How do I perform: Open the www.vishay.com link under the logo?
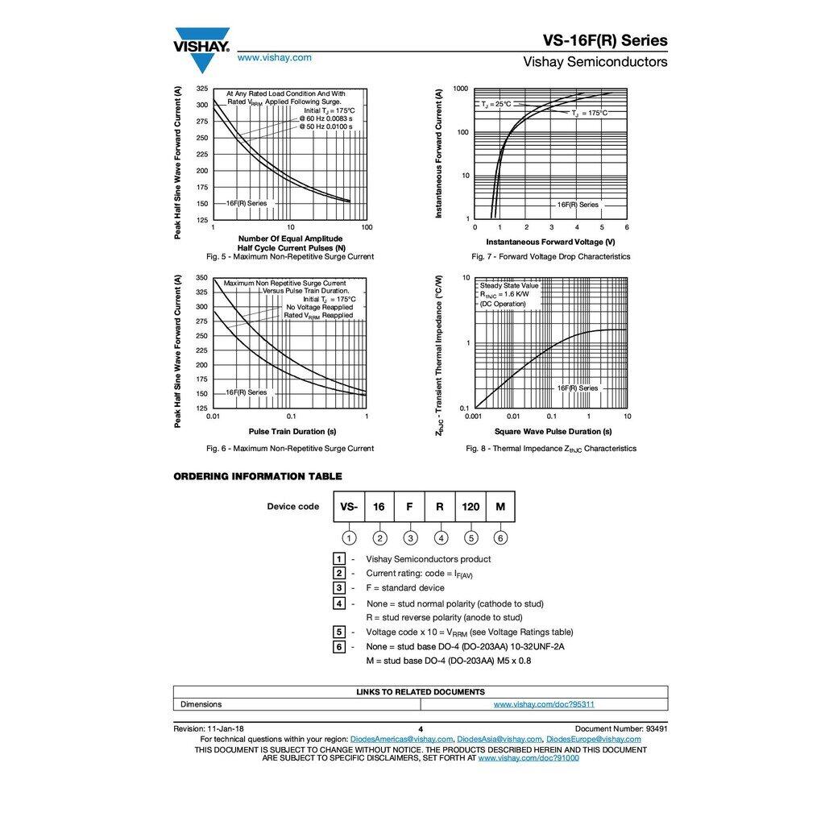(x=274, y=57)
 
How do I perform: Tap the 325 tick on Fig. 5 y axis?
(x=201, y=89)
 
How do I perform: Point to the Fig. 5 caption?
(x=290, y=257)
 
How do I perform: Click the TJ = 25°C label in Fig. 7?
(x=496, y=104)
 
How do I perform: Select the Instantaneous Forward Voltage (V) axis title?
(x=550, y=242)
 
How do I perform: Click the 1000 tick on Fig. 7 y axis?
(x=461, y=89)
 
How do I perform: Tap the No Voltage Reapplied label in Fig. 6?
(x=319, y=307)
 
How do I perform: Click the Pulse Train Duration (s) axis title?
(x=292, y=432)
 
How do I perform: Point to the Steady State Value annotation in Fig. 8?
(x=509, y=285)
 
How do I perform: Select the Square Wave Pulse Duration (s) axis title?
(x=548, y=432)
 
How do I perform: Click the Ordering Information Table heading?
(x=258, y=476)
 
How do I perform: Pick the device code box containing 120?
(x=471, y=507)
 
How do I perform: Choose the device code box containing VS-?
(x=349, y=507)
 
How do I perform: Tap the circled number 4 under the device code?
(x=441, y=538)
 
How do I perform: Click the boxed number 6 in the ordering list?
(x=340, y=647)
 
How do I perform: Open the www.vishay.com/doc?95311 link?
(x=544, y=704)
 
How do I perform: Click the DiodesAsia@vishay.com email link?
(x=500, y=739)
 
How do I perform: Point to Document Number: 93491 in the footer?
(x=621, y=728)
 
